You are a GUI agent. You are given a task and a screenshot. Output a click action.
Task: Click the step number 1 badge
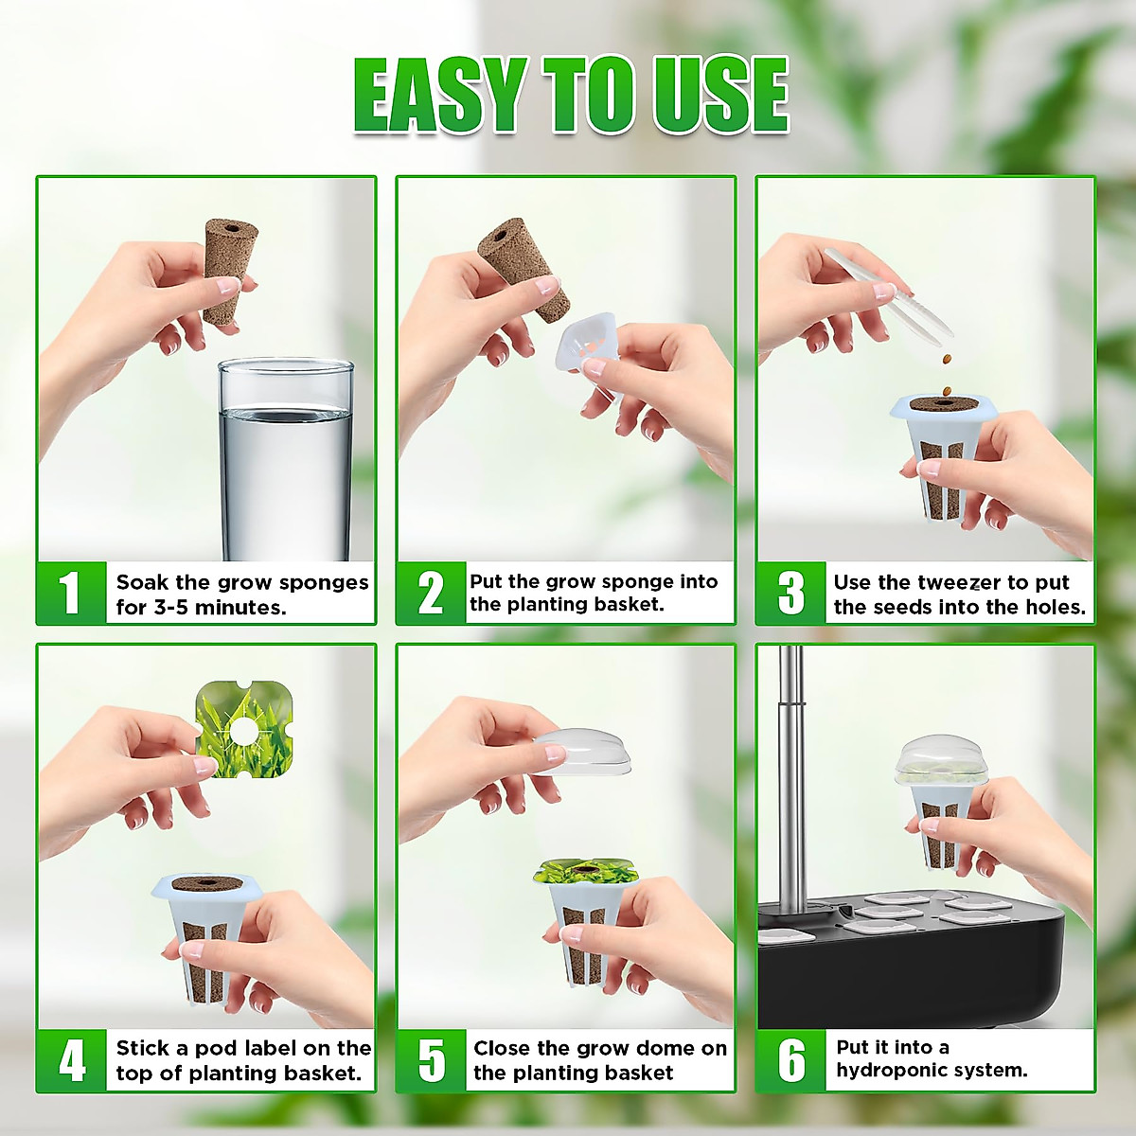(x=71, y=594)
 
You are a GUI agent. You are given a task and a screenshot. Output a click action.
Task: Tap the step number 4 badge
(x=72, y=1060)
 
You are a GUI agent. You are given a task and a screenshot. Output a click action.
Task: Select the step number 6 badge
(x=791, y=1060)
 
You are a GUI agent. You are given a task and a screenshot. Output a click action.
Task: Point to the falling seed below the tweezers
(x=947, y=359)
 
